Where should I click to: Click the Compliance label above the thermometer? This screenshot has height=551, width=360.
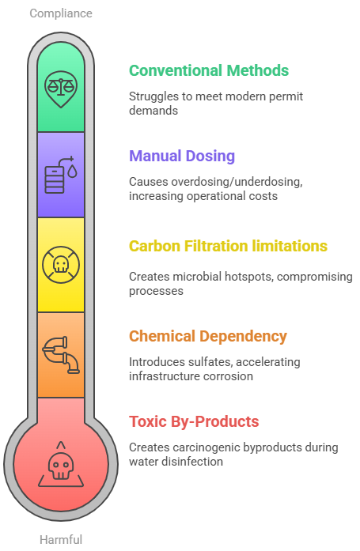coord(61,13)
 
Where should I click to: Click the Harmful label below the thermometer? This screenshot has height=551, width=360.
coord(61,539)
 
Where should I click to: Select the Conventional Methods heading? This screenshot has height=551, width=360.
coord(209,70)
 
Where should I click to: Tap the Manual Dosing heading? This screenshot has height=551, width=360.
coord(182,156)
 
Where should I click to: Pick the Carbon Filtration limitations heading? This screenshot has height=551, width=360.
coord(228,246)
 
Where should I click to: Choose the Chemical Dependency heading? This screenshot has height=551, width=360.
coord(208,336)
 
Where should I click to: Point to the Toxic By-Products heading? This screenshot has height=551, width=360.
coord(194,421)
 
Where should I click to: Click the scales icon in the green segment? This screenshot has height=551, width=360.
coord(61,89)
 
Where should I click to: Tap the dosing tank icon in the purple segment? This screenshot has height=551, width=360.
coord(61,175)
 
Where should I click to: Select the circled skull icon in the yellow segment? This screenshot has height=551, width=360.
coord(61,265)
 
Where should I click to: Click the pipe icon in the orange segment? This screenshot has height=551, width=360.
coord(61,355)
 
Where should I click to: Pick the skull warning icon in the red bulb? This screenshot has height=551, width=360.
coord(61,464)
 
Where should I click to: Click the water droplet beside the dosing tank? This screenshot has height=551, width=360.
coord(73,172)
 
